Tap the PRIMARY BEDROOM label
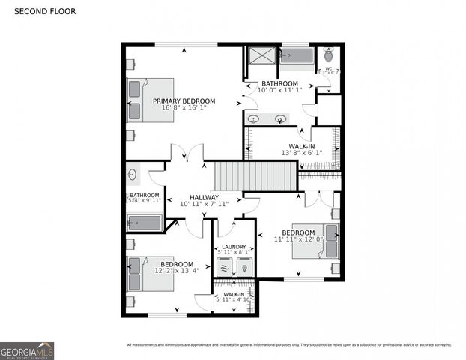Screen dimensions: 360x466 click(184, 100)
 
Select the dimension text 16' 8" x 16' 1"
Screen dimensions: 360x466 click(184, 108)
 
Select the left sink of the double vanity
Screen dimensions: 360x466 click(254, 118)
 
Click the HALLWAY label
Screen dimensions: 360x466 click(204, 197)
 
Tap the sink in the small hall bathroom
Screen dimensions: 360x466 click(133, 175)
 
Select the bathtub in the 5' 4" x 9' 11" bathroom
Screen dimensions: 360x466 click(144, 223)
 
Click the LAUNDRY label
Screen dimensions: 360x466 click(234, 246)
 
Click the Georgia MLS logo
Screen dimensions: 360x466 click(27, 350)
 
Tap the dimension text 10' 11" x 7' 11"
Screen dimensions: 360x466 click(204, 204)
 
